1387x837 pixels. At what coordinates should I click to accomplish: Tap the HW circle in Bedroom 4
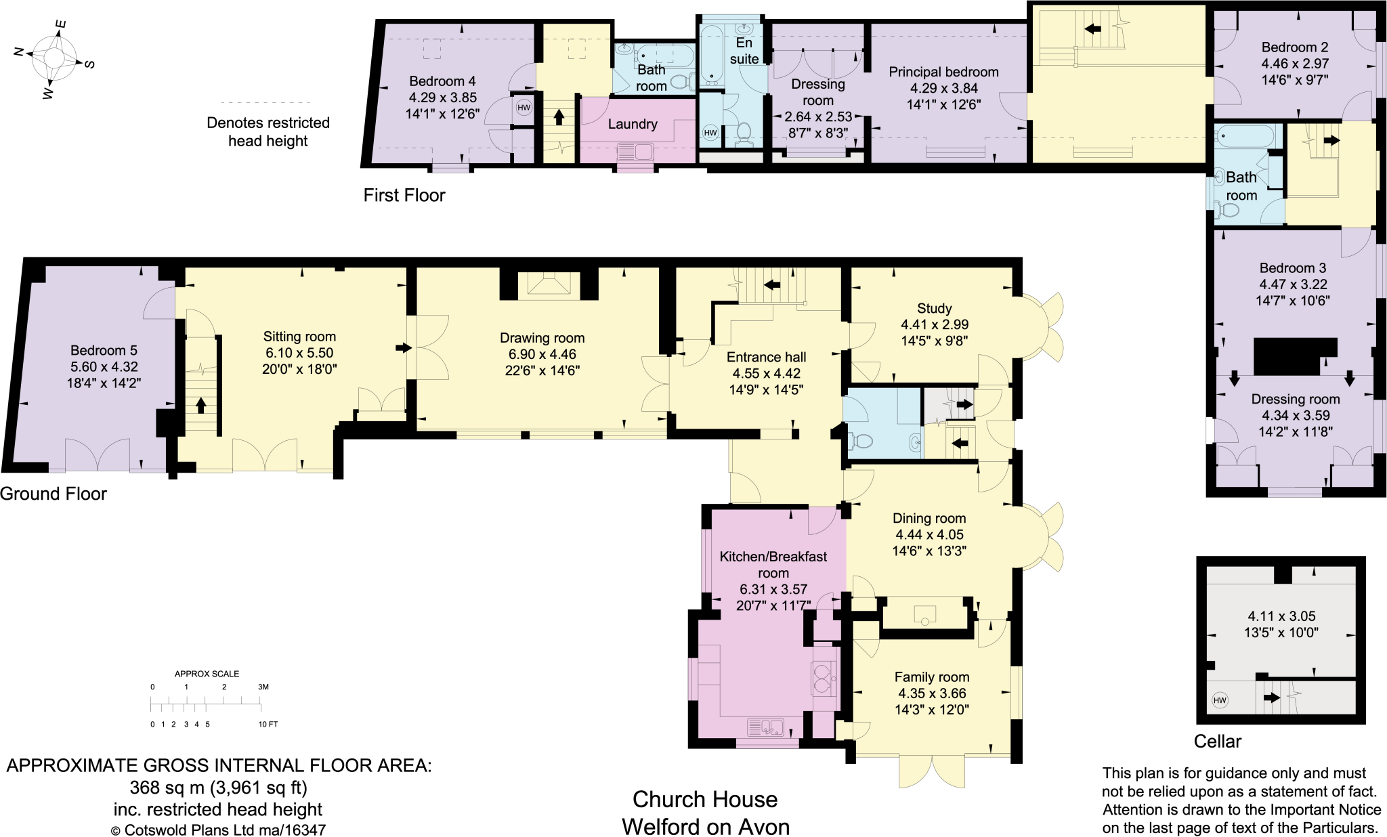(x=524, y=108)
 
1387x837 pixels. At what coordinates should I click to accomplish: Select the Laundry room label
(x=632, y=124)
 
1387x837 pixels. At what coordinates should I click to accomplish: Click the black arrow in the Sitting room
(x=404, y=348)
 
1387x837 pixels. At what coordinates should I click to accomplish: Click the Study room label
(x=934, y=308)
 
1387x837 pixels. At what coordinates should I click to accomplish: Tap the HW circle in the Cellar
(x=1219, y=700)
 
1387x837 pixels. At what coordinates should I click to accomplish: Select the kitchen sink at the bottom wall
(x=766, y=728)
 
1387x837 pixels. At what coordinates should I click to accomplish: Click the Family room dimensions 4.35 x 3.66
(x=932, y=693)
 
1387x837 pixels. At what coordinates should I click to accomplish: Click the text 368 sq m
(x=166, y=788)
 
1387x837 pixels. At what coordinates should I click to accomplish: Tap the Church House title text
(x=704, y=800)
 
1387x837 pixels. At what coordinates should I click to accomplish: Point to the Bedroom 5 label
(x=104, y=350)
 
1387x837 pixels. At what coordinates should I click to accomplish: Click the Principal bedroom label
(x=943, y=72)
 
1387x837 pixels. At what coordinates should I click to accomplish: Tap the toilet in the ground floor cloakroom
(x=861, y=442)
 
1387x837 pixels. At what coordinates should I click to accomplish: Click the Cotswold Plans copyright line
(x=218, y=830)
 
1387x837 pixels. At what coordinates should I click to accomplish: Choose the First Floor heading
(x=404, y=196)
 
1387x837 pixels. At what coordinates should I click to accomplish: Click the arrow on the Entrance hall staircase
(x=771, y=285)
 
